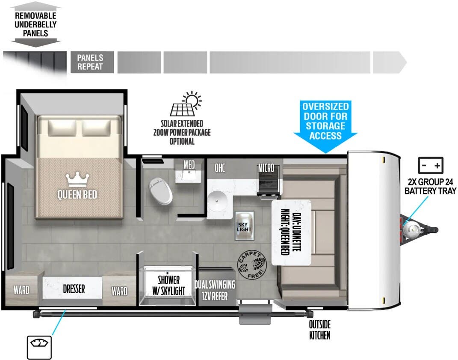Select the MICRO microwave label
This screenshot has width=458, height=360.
coord(266,168)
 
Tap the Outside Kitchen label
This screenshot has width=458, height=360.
coord(320,330)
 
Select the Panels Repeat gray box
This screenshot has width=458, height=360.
coord(92,62)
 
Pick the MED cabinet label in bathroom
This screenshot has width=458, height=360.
coord(189,165)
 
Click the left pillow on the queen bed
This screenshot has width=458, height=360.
coord(62,128)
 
